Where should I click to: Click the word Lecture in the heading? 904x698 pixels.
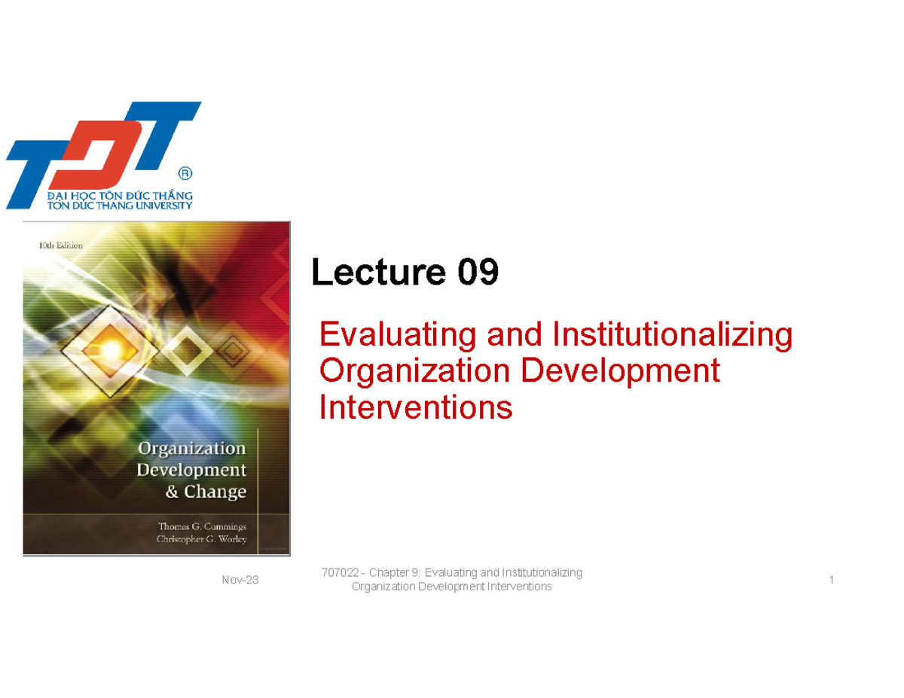pyautogui.click(x=379, y=273)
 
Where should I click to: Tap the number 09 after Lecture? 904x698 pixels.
pyautogui.click(x=477, y=273)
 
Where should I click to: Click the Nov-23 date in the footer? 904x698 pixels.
pyautogui.click(x=240, y=580)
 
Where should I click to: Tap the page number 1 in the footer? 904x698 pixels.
pyautogui.click(x=831, y=580)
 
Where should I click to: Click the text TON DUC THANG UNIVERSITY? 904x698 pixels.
pyautogui.click(x=120, y=206)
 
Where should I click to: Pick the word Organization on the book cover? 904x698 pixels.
pyautogui.click(x=191, y=448)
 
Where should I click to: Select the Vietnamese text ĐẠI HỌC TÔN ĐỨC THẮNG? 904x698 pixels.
pyautogui.click(x=120, y=195)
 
